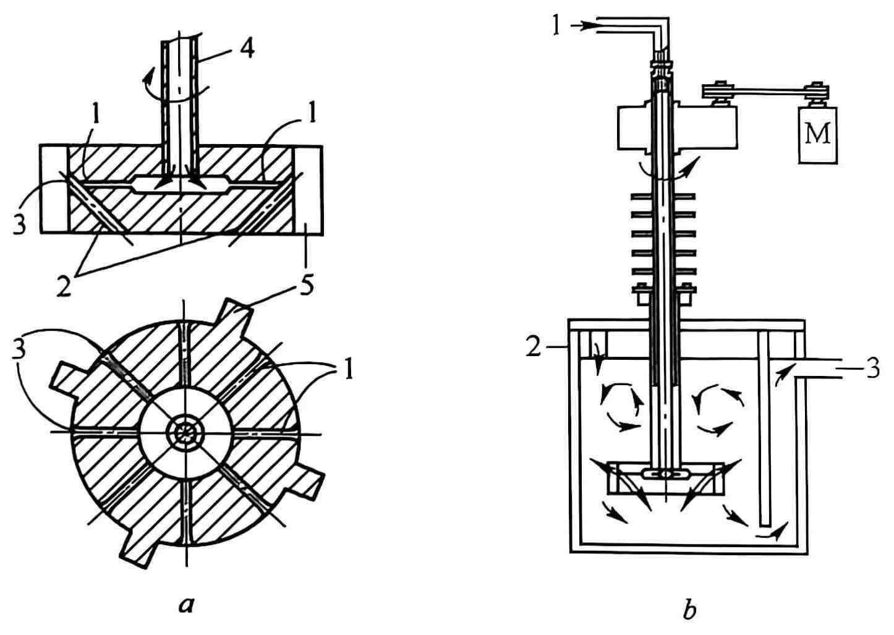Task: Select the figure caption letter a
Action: pyautogui.click(x=185, y=604)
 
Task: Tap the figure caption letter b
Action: pyautogui.click(x=689, y=610)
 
